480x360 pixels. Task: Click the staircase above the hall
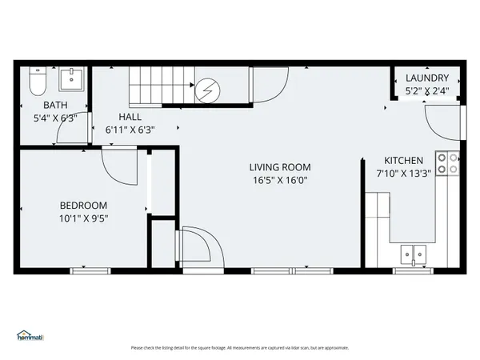159,86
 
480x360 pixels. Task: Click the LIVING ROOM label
280,167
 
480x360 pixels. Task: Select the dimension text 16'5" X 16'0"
280,180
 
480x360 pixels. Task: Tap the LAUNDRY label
427,78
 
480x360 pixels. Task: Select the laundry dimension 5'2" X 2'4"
427,91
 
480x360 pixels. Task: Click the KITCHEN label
403,161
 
